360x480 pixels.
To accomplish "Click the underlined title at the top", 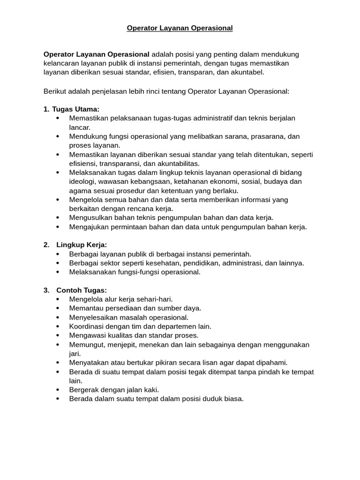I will [180, 28].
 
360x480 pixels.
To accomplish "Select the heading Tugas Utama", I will [75, 109].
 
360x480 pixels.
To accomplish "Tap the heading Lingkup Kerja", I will [82, 245].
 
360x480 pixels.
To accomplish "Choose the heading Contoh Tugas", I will [82, 290].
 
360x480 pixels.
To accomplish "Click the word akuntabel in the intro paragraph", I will [248, 72].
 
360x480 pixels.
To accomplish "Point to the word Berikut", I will [56, 91].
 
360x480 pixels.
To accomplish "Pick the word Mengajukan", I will [88, 227].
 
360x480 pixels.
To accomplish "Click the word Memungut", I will [86, 345].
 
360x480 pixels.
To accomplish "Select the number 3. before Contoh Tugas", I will [46, 290].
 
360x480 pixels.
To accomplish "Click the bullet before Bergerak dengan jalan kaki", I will [58, 390].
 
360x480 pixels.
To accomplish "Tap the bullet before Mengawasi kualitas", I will [58, 336].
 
